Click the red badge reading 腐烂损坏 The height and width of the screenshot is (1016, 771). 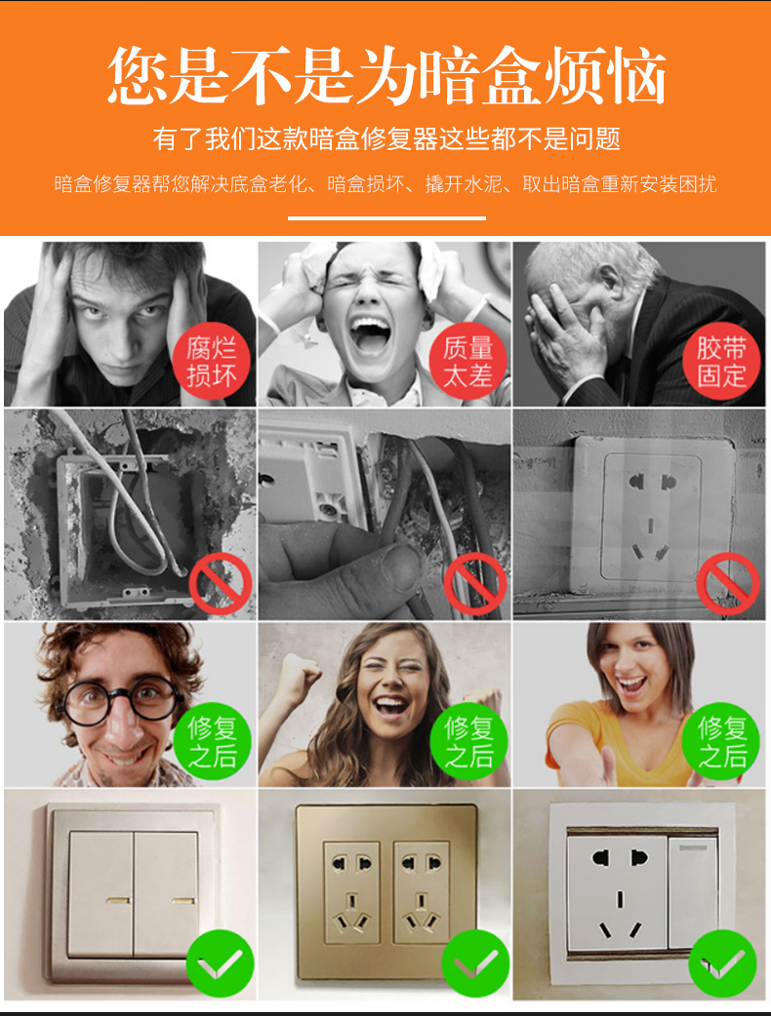pyautogui.click(x=211, y=361)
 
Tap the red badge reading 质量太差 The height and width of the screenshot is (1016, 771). pyautogui.click(x=467, y=361)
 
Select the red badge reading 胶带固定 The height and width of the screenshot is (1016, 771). pyautogui.click(x=721, y=361)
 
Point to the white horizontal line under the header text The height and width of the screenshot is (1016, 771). pyautogui.click(x=386, y=218)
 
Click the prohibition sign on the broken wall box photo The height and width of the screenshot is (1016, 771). pyautogui.click(x=221, y=584)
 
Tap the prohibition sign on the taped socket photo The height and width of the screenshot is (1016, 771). pyautogui.click(x=727, y=584)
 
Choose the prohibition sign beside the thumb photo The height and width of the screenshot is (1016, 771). pyautogui.click(x=475, y=584)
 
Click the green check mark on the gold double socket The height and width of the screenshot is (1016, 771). pyautogui.click(x=475, y=963)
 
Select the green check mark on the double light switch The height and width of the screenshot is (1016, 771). pyautogui.click(x=220, y=963)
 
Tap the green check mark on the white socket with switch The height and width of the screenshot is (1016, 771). pyautogui.click(x=722, y=963)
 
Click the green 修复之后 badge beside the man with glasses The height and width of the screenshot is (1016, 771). pyautogui.click(x=212, y=741)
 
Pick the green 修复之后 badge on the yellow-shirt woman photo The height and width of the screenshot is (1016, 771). pyautogui.click(x=721, y=741)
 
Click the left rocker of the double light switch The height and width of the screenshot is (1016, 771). pyautogui.click(x=101, y=894)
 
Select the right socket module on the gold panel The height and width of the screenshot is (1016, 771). pyautogui.click(x=422, y=892)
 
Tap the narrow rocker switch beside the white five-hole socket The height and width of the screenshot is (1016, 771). pyautogui.click(x=693, y=893)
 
